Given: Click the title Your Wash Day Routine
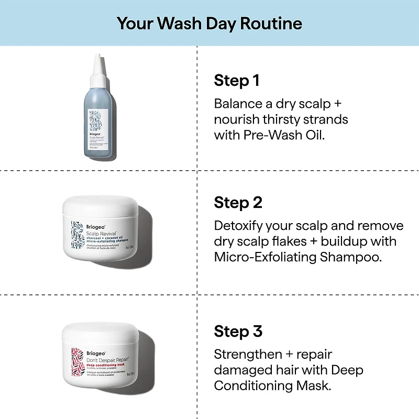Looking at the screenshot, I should (x=209, y=23).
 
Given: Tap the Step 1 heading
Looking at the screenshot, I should (x=237, y=81).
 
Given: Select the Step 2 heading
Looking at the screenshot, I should (x=238, y=203).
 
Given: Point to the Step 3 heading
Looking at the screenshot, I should (x=238, y=331).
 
